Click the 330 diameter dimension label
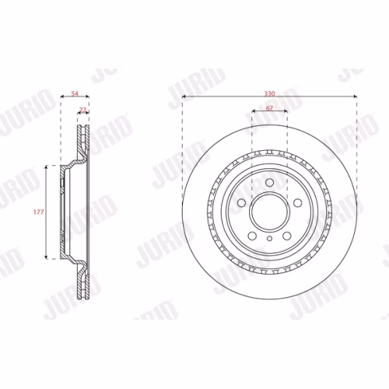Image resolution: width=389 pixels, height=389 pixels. [x=269, y=93]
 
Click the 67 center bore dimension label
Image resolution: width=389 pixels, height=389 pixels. [x=269, y=108]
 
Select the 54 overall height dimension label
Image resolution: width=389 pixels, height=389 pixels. [x=75, y=93]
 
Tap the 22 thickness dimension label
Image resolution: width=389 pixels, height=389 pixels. [x=82, y=110]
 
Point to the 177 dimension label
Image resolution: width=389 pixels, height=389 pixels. [x=38, y=212]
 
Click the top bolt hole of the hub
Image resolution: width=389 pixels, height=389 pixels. [x=270, y=183]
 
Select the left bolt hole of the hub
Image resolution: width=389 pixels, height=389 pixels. [x=242, y=203]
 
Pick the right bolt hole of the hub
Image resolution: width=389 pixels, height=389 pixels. [x=298, y=203]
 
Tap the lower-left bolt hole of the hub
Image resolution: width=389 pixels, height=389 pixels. [x=252, y=236]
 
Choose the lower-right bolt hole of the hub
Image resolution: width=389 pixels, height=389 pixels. [x=287, y=236]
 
